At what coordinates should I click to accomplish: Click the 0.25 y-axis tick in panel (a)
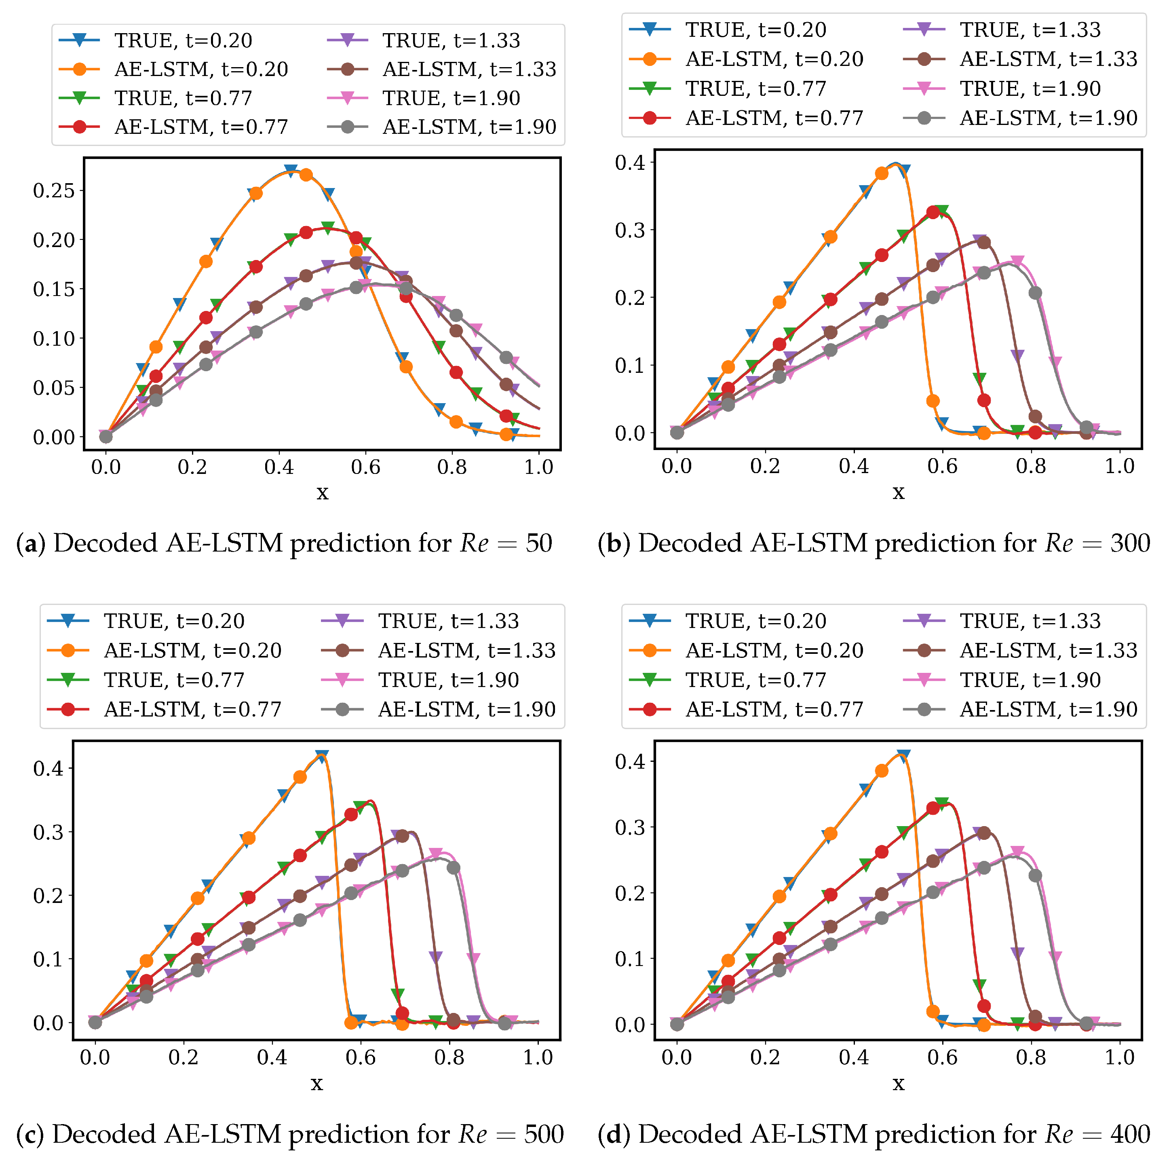(x=53, y=191)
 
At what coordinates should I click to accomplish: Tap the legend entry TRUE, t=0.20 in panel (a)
(x=182, y=40)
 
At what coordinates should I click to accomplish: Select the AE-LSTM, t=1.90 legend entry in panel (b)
(x=1048, y=118)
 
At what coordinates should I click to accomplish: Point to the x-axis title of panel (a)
(x=323, y=493)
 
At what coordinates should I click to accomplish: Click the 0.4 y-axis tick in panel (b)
(x=630, y=163)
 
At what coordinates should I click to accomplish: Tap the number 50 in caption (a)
(x=538, y=543)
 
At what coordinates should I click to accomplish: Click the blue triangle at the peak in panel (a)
(x=291, y=170)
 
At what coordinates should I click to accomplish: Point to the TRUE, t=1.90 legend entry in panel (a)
(x=451, y=98)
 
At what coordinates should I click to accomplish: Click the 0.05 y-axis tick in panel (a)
(x=53, y=388)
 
